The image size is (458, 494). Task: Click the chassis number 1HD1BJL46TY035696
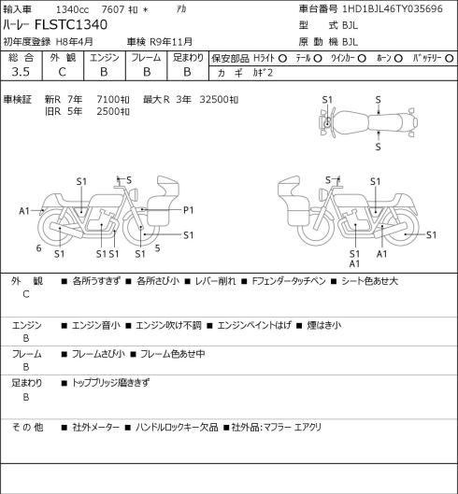pos(393,8)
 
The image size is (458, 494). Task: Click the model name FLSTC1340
pos(71,25)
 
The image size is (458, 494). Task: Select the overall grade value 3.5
pos(21,72)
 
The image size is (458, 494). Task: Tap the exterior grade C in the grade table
pos(62,72)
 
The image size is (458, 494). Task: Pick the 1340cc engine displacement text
pos(72,9)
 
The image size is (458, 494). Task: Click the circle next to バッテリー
pos(450,58)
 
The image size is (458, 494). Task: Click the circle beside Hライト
pos(282,58)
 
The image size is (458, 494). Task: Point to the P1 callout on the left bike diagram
pos(188,210)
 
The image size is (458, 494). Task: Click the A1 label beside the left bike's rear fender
pos(24,211)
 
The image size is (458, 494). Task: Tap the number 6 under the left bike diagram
pos(38,248)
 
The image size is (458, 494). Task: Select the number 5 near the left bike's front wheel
pos(157,248)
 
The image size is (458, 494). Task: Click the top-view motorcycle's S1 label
pos(327,100)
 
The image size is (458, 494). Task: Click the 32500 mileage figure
pos(214,100)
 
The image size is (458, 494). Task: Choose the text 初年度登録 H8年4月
pos(48,42)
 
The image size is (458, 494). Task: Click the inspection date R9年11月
pos(171,42)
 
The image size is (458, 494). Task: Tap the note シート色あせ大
pos(369,281)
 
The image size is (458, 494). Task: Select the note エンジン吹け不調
pos(168,325)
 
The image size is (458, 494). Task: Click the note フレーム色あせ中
pos(172,354)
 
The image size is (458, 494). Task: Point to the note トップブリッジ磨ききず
pos(110,383)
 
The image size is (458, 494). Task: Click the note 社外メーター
pos(96,428)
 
